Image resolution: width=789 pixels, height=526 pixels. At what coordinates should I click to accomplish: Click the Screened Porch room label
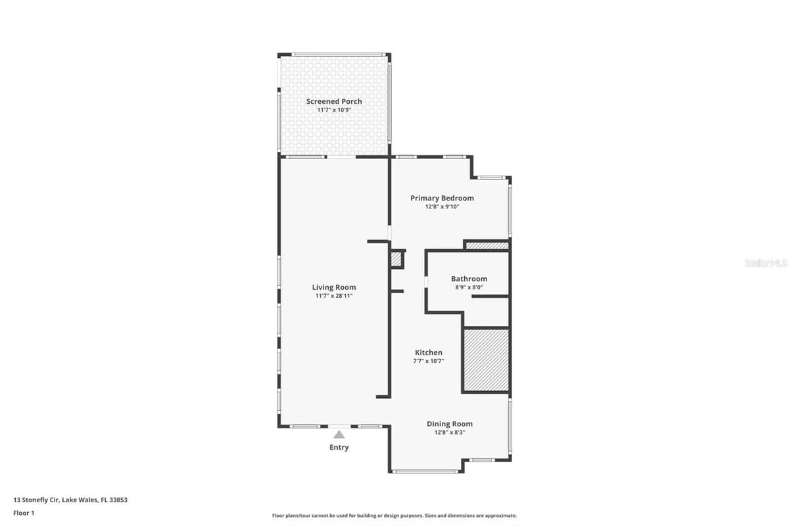334,101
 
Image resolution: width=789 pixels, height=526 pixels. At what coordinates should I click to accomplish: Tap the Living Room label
334,287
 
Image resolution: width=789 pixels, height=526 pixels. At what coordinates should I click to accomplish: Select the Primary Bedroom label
442,199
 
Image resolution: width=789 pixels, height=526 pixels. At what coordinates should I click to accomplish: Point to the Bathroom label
469,279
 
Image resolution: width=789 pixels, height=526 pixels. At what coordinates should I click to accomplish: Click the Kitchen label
429,352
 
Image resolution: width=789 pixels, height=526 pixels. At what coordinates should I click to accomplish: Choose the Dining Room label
450,424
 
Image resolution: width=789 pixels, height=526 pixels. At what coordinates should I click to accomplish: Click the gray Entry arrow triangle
339,435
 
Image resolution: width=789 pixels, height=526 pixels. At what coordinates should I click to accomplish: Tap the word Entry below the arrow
339,448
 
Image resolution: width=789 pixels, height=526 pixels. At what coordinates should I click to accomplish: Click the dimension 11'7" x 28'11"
334,296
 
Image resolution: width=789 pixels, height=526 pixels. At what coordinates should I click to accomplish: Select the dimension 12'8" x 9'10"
442,207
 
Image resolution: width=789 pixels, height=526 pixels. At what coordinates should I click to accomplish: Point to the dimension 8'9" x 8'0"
469,287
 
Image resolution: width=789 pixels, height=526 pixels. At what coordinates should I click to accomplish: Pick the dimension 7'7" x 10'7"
429,361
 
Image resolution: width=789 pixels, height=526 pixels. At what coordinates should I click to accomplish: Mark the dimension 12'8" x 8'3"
450,432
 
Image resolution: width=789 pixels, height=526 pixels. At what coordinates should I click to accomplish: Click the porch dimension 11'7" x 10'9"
334,110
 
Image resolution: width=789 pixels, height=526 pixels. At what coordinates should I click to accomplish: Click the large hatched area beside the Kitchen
486,360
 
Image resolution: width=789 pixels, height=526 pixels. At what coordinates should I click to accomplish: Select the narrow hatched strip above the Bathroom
487,245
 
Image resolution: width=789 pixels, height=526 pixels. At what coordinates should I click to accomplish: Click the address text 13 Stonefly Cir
36,500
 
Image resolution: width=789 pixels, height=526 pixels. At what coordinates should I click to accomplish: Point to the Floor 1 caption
24,513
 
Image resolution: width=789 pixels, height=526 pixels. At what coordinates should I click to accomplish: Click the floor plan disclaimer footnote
394,515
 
